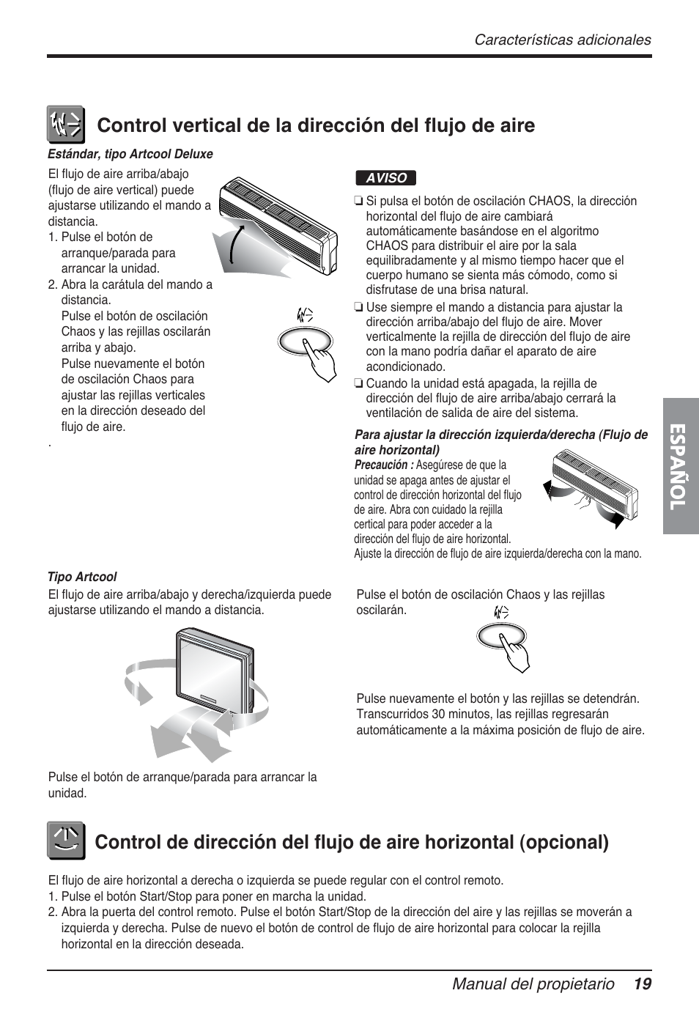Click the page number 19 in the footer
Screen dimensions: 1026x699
(x=643, y=984)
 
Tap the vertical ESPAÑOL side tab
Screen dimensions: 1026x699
(x=681, y=465)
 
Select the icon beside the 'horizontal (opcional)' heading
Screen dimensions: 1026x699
(x=67, y=841)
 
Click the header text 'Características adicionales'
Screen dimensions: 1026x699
(x=562, y=40)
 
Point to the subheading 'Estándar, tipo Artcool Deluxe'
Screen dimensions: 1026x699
(x=130, y=154)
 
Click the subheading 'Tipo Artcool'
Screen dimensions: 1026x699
(x=82, y=577)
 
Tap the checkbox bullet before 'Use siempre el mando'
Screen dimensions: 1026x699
(x=358, y=308)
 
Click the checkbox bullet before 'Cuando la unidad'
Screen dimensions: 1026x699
(x=358, y=383)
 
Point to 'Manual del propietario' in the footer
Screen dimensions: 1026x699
(x=533, y=984)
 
